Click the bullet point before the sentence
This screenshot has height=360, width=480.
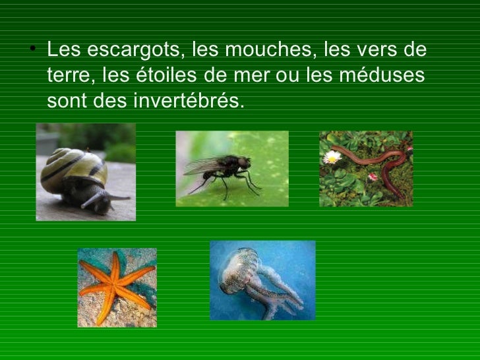[x=33, y=51]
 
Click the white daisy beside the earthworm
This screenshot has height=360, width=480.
[x=332, y=157]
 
